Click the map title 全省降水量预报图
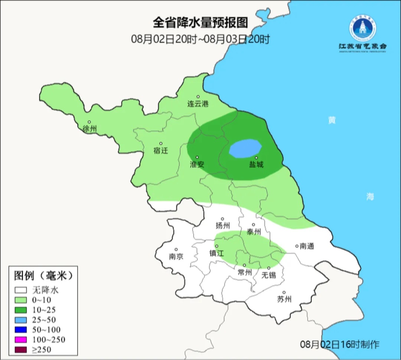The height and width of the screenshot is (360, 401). (x=200, y=23)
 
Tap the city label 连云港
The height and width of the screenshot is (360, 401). (x=198, y=104)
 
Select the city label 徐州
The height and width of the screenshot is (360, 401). (x=90, y=129)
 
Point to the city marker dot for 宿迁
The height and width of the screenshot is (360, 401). (x=161, y=143)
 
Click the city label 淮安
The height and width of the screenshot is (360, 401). (x=197, y=164)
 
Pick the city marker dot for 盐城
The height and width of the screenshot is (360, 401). (x=256, y=158)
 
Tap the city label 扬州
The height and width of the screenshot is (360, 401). (x=223, y=226)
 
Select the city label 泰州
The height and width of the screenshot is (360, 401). (x=254, y=232)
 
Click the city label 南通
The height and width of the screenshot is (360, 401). (x=307, y=246)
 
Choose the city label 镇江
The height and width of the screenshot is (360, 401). (x=216, y=253)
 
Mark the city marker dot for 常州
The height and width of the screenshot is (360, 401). (x=244, y=265)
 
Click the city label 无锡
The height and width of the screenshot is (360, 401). (x=268, y=275)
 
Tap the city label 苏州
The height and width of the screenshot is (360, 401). (x=284, y=299)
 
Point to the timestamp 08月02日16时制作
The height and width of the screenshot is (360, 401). (x=340, y=344)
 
